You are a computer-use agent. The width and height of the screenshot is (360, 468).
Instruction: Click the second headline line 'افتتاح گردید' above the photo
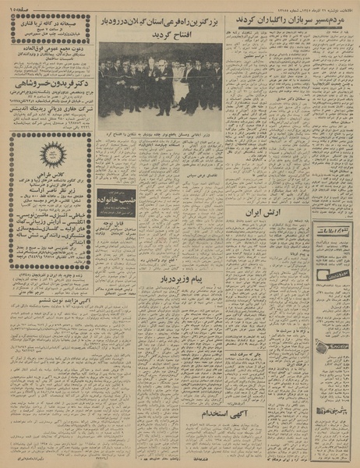point(160,36)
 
